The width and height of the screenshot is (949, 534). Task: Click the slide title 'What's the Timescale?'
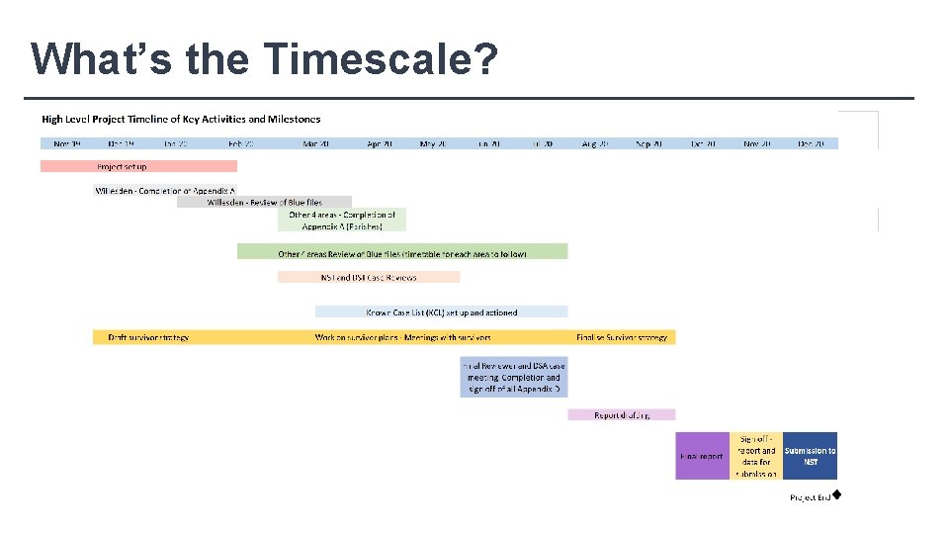coord(264,58)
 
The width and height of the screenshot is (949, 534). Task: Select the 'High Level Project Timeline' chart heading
coord(181,119)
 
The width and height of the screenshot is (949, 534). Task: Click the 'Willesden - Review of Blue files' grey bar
coord(264,202)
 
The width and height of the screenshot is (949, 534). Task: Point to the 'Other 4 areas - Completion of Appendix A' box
coord(342,220)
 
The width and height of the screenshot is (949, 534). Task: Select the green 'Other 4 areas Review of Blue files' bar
coord(402,252)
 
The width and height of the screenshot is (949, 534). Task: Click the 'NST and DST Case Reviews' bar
coord(369,277)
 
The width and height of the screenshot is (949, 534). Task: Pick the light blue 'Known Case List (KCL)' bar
coord(442,311)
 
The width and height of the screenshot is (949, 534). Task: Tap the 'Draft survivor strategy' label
coord(148,337)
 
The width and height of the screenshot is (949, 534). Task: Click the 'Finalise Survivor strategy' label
coord(622,337)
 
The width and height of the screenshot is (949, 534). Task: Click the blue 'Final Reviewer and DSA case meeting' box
coord(513,377)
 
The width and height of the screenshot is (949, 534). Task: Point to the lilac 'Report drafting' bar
coord(622,415)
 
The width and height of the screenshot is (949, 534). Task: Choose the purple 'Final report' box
coord(702,456)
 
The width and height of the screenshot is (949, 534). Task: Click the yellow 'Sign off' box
coord(756,456)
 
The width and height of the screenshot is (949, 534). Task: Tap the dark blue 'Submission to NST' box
coord(810,456)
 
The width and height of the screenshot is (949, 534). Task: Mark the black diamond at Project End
coord(836,493)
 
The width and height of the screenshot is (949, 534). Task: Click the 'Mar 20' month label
coord(317,143)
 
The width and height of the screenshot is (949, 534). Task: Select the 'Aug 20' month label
coord(596,143)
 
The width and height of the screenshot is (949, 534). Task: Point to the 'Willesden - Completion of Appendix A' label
coord(165,190)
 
